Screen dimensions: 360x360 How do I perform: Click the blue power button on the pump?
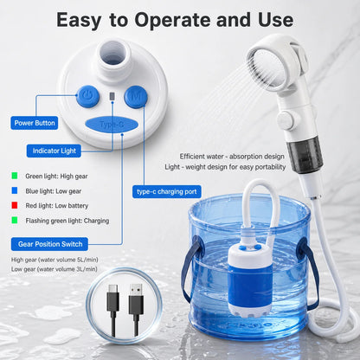[x=88, y=97]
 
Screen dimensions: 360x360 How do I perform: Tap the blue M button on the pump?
[x=136, y=97]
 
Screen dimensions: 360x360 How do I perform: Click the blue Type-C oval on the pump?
[x=112, y=125]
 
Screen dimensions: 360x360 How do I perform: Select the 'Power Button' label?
[x=35, y=123]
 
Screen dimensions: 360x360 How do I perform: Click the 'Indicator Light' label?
[x=54, y=151]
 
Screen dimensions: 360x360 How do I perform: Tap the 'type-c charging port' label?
[x=167, y=191]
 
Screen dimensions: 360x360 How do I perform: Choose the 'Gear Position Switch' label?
[x=49, y=244]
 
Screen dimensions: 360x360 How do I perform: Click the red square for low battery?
[x=15, y=205]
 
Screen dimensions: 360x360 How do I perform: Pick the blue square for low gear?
[x=15, y=190]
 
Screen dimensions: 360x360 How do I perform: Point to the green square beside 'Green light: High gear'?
[x=15, y=176]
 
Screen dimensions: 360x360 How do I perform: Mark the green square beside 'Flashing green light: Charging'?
[x=15, y=221]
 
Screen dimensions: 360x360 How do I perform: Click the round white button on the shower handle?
[x=286, y=120]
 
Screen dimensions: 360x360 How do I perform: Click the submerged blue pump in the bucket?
[x=250, y=280]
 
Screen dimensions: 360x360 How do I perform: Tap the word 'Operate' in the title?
[x=173, y=21]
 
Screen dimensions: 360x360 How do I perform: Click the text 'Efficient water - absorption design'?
[x=232, y=157]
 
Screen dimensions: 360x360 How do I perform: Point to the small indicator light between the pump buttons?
[x=112, y=97]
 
